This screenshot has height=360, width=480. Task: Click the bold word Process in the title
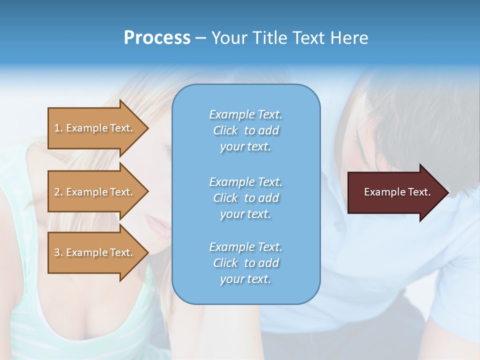(157, 38)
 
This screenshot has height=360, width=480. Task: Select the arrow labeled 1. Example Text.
(95, 128)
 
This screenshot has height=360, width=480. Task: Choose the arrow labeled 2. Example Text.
(95, 192)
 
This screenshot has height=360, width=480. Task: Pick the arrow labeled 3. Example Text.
(95, 252)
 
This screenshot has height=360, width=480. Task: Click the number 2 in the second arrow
(57, 192)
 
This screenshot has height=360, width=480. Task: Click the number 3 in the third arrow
(57, 252)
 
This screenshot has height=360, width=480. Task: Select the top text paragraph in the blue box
(245, 130)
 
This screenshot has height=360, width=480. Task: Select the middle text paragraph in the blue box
(245, 198)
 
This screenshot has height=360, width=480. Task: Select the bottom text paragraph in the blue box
(245, 263)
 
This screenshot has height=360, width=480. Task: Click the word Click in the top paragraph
(225, 130)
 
